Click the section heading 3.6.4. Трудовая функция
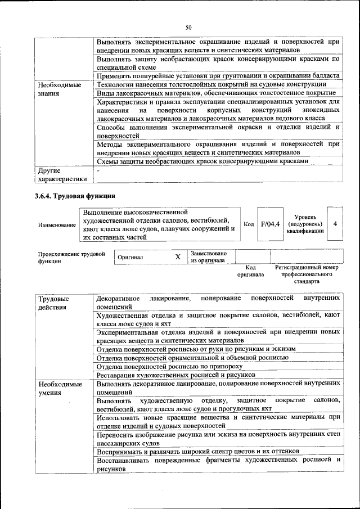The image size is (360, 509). pos(75,196)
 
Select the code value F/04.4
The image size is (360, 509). pos(270,224)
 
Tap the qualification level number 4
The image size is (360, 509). pos(335,224)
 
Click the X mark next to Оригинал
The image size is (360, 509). pos(178,256)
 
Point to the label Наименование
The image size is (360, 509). pos(57,225)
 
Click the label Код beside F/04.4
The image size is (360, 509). pos(249,224)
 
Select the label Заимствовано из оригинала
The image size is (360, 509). pos(209,256)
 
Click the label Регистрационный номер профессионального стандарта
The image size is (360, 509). pos(307,274)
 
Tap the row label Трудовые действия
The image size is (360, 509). pos(54,303)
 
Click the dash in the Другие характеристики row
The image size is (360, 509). pos(98,170)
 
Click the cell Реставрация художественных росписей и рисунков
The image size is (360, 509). pos(176,374)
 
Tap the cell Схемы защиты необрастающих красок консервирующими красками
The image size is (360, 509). pos(202,161)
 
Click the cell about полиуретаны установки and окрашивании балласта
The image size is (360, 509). pos(218,75)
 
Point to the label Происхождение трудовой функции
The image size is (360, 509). pos(71,258)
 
